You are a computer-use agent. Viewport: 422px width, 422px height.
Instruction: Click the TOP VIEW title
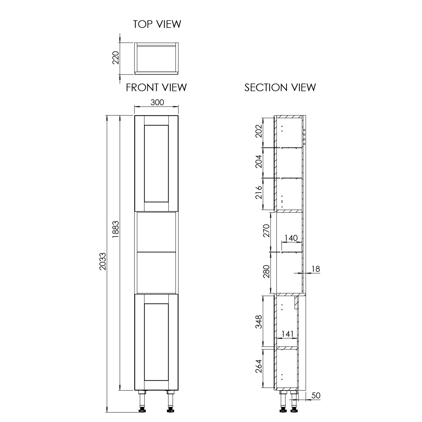pos(157,24)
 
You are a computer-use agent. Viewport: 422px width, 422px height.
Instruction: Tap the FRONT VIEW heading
pos(156,87)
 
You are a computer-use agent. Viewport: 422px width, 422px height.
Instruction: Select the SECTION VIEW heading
pos(280,87)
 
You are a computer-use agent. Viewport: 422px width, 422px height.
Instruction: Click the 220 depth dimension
pos(116,58)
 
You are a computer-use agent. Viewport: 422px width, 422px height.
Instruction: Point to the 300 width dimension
pos(157,102)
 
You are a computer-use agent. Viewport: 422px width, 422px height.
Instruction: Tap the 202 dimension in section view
pos(259,131)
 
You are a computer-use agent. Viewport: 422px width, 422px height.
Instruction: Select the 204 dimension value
pos(259,161)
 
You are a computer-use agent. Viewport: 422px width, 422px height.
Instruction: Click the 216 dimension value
pos(259,192)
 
